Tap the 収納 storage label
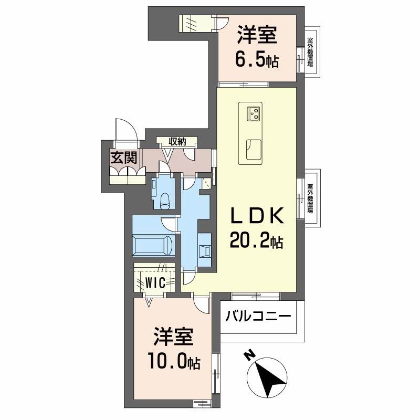tap(177, 141)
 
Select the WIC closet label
tap(157, 282)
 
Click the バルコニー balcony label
tap(258, 317)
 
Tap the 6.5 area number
tap(250, 61)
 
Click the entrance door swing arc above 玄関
tap(127, 130)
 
